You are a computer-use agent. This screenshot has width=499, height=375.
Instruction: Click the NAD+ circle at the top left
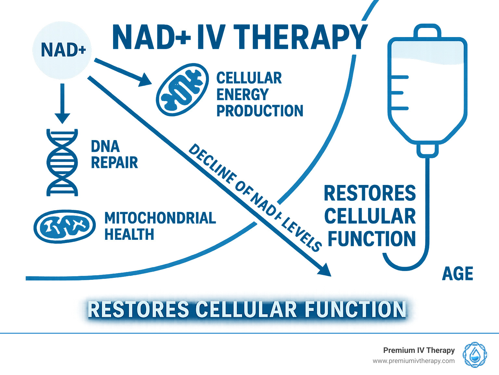pos(62,50)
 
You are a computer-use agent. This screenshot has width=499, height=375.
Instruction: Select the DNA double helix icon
pos(62,162)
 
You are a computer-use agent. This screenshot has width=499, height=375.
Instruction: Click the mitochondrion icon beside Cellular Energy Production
pos(182,90)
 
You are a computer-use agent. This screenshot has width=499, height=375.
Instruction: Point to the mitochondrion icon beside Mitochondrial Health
pos(65,226)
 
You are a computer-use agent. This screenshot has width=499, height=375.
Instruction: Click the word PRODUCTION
pos(260,111)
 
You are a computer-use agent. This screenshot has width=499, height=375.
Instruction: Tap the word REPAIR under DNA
pos(114,162)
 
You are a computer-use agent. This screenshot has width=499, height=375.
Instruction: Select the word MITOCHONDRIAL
pos(160,218)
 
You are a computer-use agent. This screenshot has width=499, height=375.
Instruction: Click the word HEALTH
pos(129,234)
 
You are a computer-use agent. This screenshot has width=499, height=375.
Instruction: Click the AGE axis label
pos(457,274)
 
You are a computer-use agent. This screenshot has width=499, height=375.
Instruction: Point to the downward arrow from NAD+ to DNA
pos(62,103)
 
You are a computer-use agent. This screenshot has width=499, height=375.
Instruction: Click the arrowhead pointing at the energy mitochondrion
pos(145,80)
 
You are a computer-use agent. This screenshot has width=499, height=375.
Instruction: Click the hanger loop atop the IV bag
pos(427,31)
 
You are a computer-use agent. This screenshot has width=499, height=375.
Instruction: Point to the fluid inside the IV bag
pos(427,52)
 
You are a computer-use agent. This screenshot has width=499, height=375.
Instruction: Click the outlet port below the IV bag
pos(428,150)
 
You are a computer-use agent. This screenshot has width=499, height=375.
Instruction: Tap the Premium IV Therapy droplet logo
pos(475,355)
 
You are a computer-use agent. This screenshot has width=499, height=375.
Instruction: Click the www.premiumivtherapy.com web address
pos(414,361)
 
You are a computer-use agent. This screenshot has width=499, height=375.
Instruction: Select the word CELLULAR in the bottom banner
pos(246,309)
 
